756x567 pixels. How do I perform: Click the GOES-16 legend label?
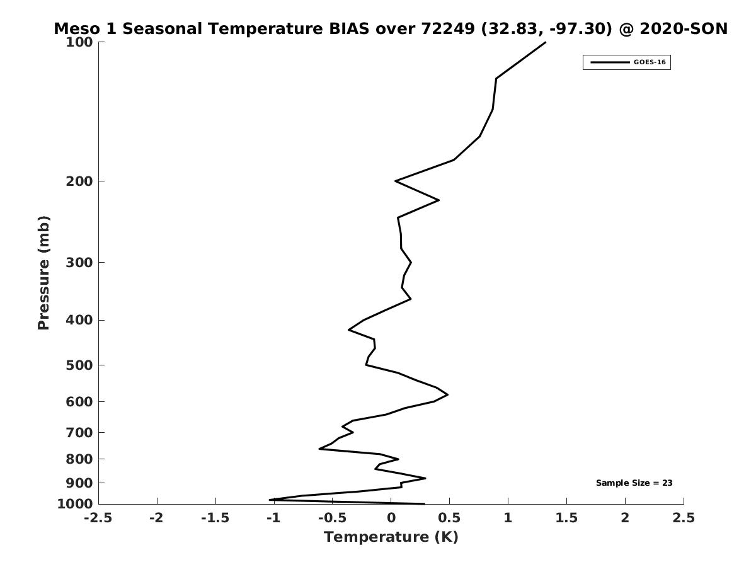tap(649, 62)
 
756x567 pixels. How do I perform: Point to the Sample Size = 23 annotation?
tap(634, 483)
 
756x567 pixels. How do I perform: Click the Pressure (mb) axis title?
tap(43, 273)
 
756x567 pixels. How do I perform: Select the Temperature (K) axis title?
tap(391, 537)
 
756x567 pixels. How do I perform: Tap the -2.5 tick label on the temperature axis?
tap(99, 518)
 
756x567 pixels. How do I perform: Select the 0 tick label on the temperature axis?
tap(391, 518)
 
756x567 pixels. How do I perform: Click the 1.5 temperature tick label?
tap(566, 518)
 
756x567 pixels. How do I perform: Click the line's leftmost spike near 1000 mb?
tap(270, 500)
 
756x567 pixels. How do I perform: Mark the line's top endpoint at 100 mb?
tap(545, 42)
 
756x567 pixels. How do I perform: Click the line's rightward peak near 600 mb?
tap(447, 395)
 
